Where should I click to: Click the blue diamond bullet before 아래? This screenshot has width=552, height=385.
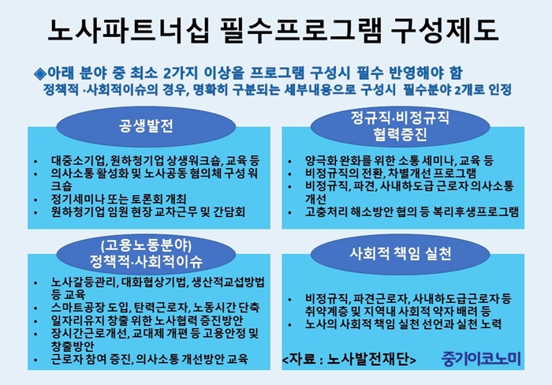pyautogui.click(x=40, y=73)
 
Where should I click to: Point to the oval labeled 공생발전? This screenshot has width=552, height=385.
pyautogui.click(x=146, y=126)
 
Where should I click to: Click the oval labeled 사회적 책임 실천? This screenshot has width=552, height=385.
pyautogui.click(x=401, y=253)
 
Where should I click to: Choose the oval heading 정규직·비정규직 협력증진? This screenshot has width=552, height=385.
pyautogui.click(x=401, y=126)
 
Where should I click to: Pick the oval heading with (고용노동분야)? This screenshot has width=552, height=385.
pyautogui.click(x=146, y=253)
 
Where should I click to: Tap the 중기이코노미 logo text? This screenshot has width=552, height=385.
pyautogui.click(x=481, y=359)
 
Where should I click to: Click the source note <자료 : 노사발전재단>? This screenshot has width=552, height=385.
pyautogui.click(x=349, y=359)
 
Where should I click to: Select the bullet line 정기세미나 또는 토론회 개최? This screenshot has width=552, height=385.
pyautogui.click(x=118, y=200)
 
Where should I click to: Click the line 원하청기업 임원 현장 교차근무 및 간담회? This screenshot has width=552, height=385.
pyautogui.click(x=148, y=212)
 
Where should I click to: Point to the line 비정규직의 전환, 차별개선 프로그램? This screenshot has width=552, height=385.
pyautogui.click(x=391, y=174)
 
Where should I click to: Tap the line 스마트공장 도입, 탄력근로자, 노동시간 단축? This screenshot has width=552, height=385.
pyautogui.click(x=155, y=308)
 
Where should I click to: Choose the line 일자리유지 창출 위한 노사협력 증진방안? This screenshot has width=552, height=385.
pyautogui.click(x=147, y=320)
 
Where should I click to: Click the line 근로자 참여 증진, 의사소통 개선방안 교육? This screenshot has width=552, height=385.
pyautogui.click(x=149, y=359)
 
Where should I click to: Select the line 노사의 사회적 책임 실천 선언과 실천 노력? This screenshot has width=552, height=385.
pyautogui.click(x=403, y=324)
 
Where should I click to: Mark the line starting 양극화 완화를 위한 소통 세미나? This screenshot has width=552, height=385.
pyautogui.click(x=399, y=161)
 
